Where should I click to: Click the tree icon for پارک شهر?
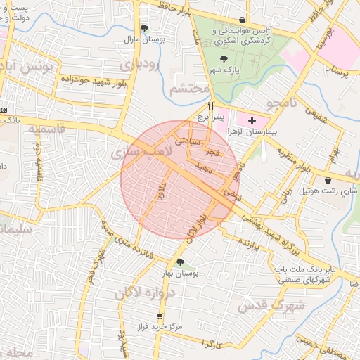pyautogui.click(x=224, y=60)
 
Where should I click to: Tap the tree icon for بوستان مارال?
pyautogui.click(x=145, y=29)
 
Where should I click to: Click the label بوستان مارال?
pyautogui.click(x=145, y=39)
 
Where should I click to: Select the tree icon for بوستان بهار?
pyautogui.click(x=181, y=262)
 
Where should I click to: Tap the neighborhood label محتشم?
pyautogui.click(x=190, y=89)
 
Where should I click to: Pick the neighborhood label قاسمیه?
pyautogui.click(x=46, y=129)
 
